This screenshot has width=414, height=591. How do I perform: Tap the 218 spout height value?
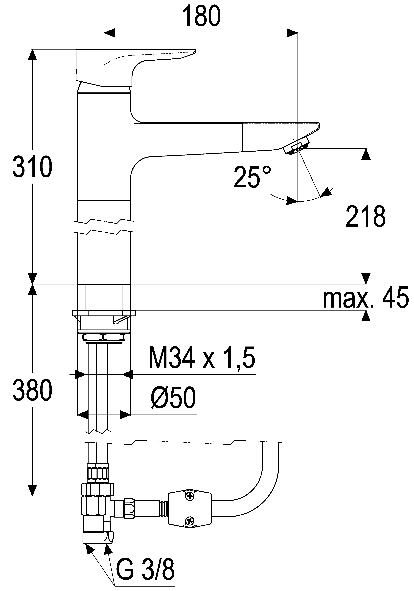(366, 216)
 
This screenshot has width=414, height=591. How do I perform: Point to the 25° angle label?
(252, 177)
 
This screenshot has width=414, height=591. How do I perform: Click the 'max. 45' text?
(366, 298)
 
